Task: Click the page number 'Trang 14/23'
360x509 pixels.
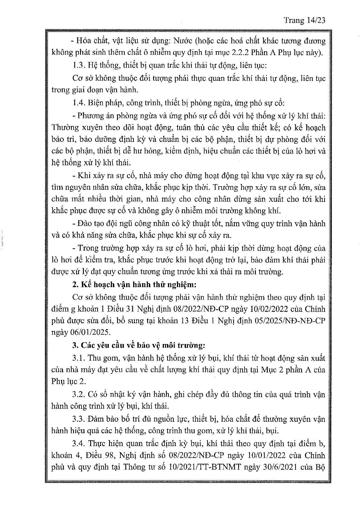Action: pyautogui.click(x=305, y=20)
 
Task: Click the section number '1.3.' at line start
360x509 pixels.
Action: pyautogui.click(x=78, y=66)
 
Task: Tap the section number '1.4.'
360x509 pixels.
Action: pyautogui.click(x=78, y=103)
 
